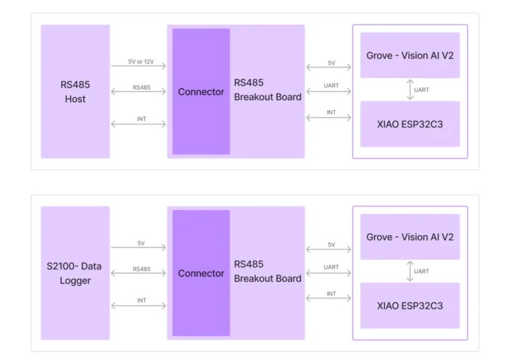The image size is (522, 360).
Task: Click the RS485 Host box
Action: click(x=75, y=92)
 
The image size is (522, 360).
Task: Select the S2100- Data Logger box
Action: click(x=75, y=273)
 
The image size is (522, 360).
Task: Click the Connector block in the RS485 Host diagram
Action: click(x=201, y=92)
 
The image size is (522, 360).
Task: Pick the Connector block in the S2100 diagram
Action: click(x=201, y=273)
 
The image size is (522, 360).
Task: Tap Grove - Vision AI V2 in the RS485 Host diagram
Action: click(x=410, y=55)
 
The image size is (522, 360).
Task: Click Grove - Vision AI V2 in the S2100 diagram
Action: click(x=410, y=237)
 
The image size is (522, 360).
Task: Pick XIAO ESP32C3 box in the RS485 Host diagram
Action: click(x=410, y=124)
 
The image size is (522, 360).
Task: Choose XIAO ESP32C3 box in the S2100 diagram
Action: click(x=410, y=306)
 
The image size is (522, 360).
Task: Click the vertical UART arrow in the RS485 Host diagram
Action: click(x=410, y=90)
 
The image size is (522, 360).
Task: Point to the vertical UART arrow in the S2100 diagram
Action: click(x=410, y=271)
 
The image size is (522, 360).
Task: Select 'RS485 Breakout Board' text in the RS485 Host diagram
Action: click(x=268, y=90)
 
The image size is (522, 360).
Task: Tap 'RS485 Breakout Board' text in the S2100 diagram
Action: click(x=268, y=272)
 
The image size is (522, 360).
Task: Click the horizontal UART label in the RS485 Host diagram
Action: click(x=331, y=86)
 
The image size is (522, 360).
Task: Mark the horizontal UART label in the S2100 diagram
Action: click(x=331, y=267)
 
